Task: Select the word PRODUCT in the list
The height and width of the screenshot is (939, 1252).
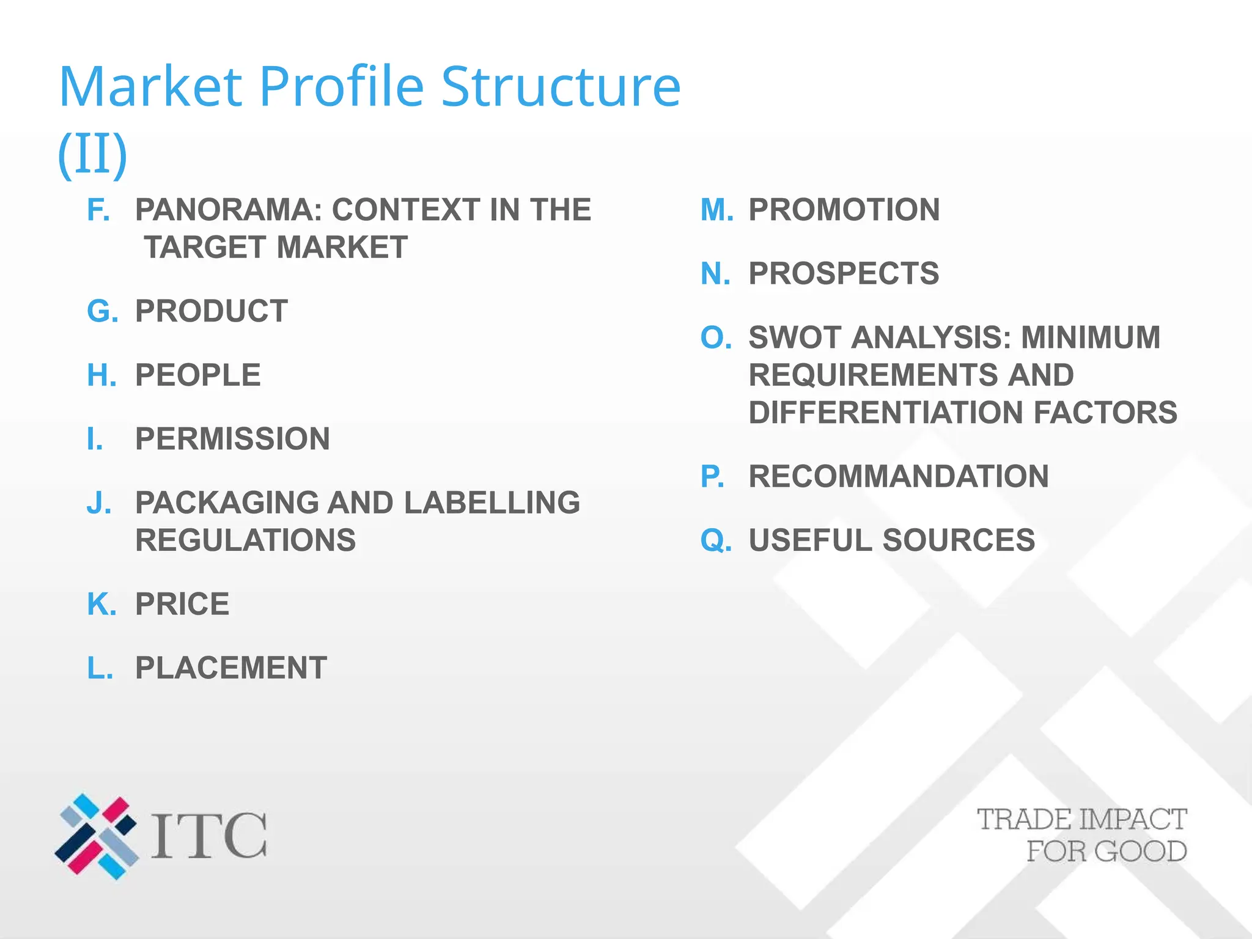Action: pos(211,311)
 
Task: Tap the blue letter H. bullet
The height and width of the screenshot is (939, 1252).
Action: pos(101,375)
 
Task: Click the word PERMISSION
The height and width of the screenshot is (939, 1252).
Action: pos(232,439)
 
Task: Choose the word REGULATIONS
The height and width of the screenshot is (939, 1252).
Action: pos(245,540)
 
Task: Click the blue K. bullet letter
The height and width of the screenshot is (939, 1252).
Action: pos(101,605)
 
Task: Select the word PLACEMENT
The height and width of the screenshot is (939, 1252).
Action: pos(230,668)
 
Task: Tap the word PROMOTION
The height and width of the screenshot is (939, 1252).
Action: pos(844,210)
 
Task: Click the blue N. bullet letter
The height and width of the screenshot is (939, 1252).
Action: pos(715,273)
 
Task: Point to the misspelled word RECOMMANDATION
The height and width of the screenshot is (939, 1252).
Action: pos(898,477)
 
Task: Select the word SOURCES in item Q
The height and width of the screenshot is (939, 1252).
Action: pos(959,540)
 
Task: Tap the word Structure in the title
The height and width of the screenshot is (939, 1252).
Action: pos(560,87)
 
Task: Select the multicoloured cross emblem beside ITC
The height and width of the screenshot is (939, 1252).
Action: pos(97,836)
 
